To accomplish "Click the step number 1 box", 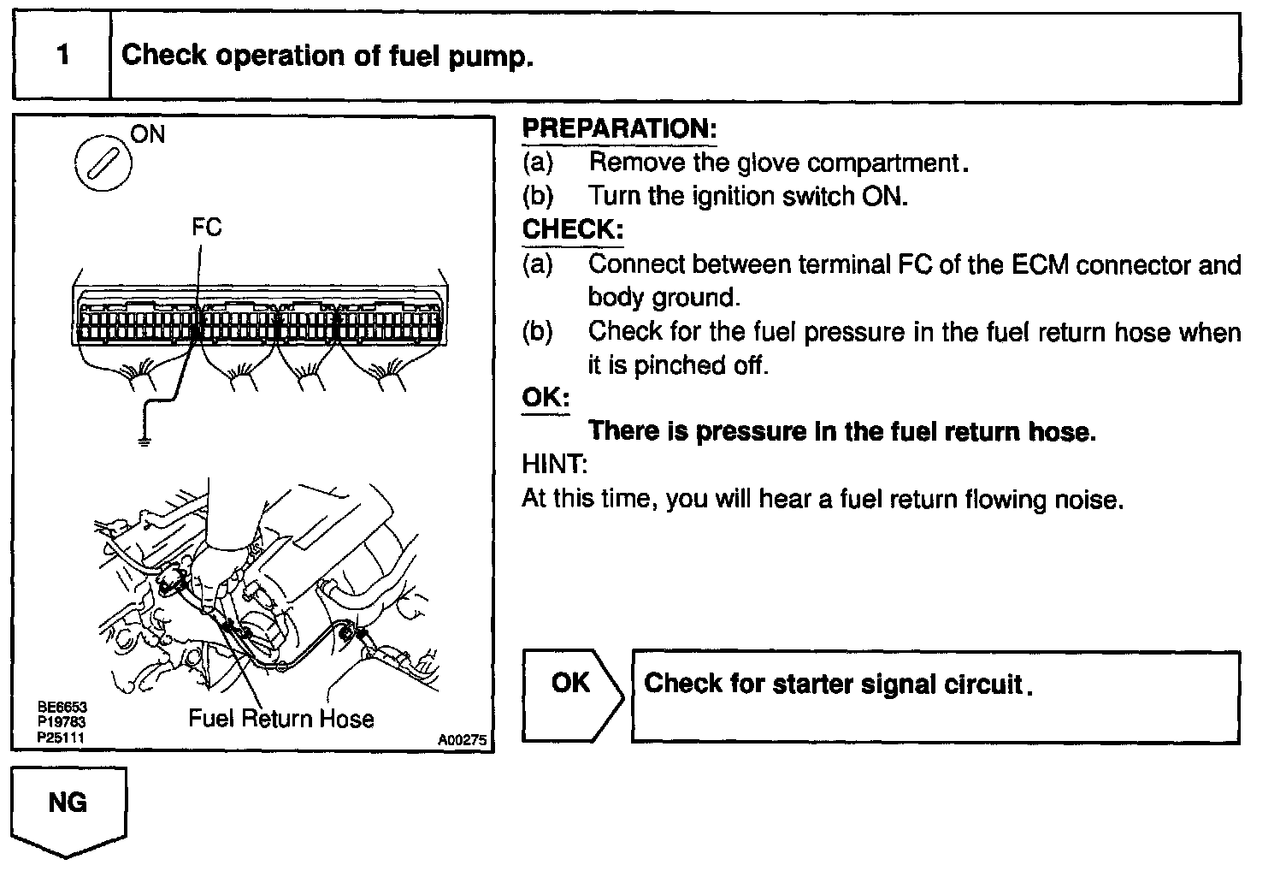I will (62, 56).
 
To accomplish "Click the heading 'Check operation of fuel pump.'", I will (327, 56).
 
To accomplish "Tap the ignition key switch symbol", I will (103, 163).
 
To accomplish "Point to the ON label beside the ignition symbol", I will (148, 134).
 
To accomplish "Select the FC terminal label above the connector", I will (206, 227).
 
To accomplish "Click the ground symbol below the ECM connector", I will (144, 441).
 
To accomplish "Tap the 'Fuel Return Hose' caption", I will (281, 718).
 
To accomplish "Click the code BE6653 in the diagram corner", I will (62, 708).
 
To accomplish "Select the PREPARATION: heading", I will (619, 129).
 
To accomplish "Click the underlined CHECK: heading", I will (572, 229).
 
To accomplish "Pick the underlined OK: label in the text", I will (546, 398).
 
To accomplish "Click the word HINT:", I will (554, 465).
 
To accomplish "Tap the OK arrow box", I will (571, 694).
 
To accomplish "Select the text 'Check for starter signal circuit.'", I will (838, 684).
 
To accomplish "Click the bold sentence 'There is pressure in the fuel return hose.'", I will (842, 431).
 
